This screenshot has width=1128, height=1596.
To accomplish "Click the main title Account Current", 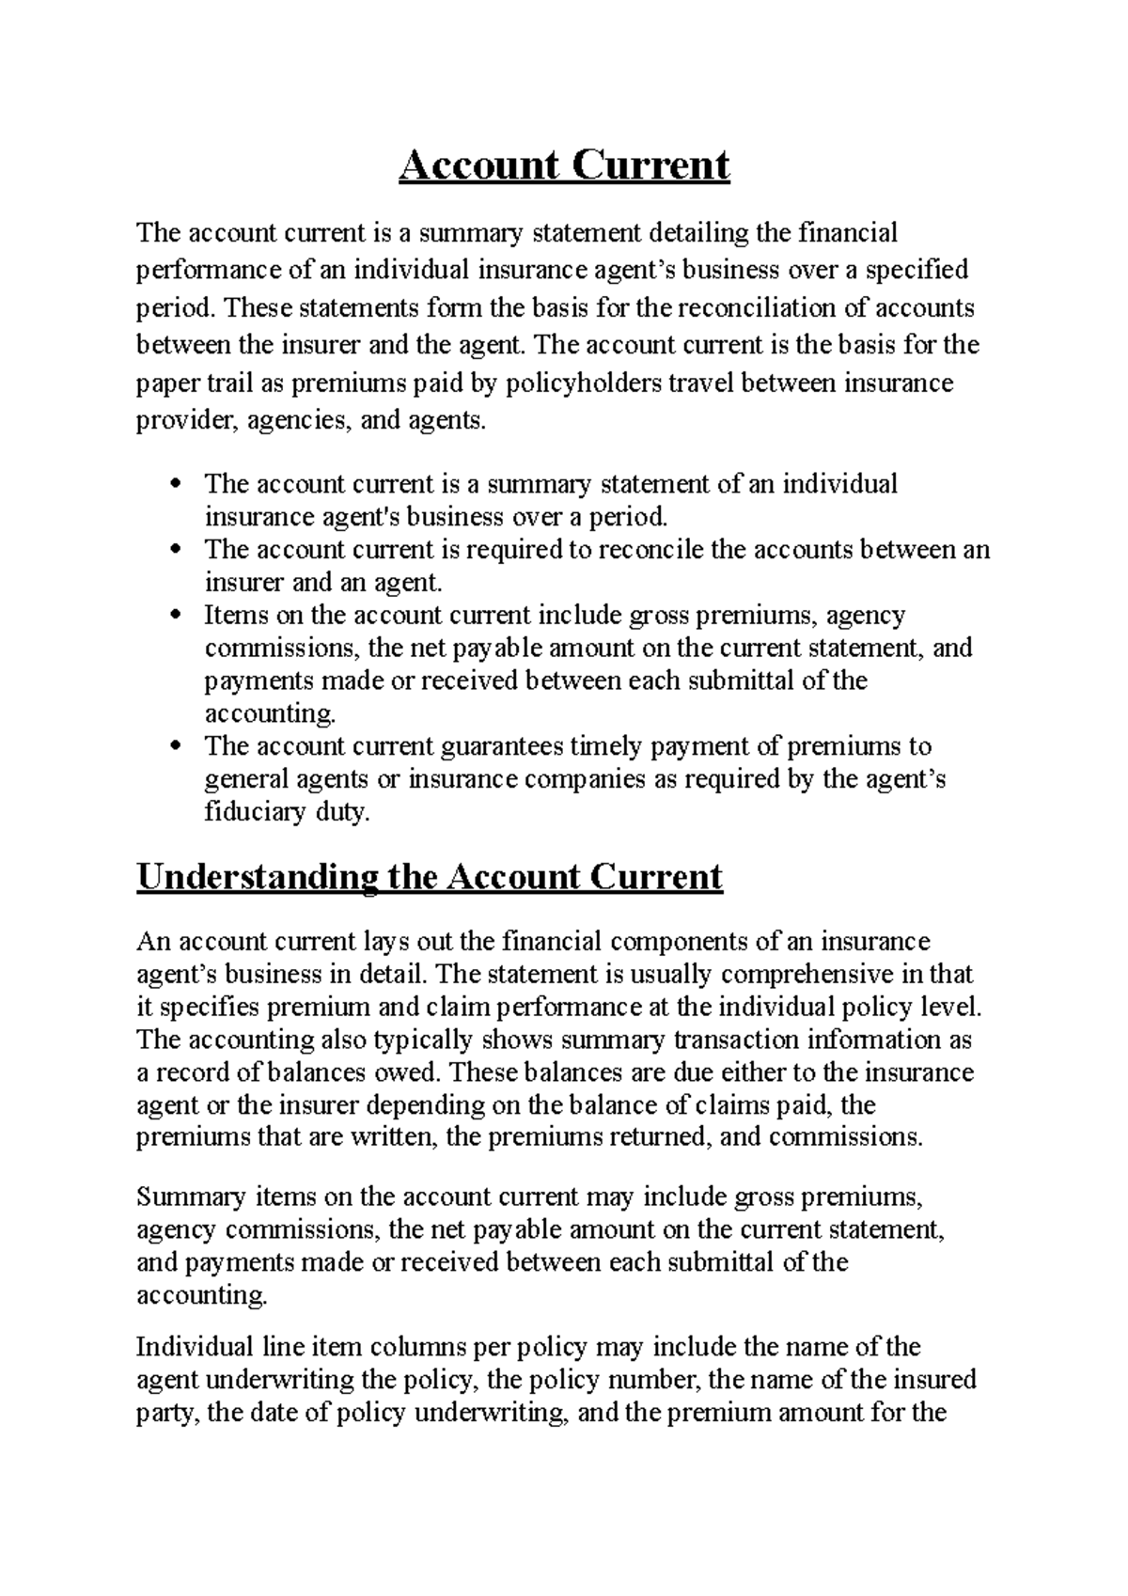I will tap(564, 166).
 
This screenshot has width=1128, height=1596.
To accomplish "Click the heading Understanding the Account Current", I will tap(430, 876).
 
